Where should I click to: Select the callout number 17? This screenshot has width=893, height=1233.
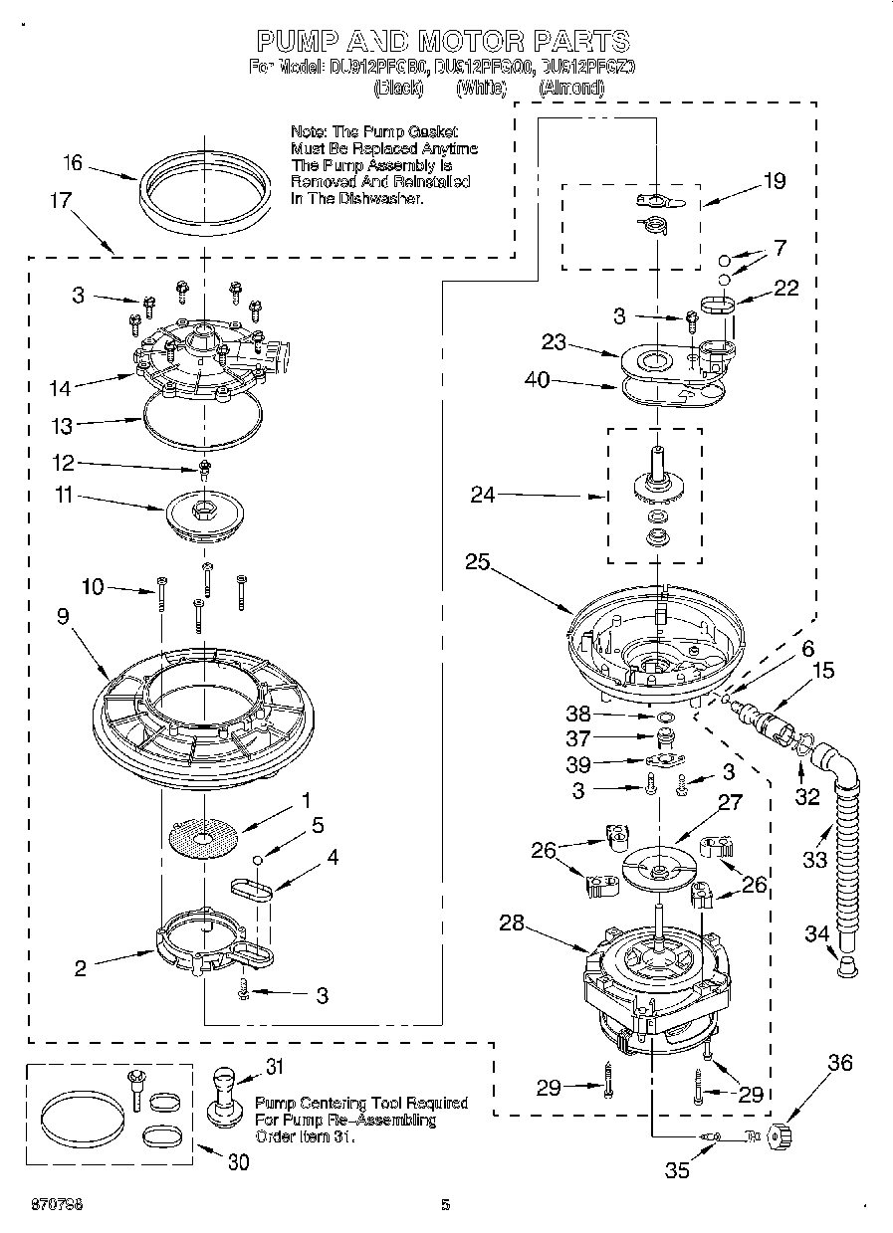(61, 200)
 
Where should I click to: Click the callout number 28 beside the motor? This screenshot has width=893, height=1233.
(511, 924)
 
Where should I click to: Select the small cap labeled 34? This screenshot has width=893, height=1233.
(844, 966)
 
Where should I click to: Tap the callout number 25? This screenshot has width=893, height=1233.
(477, 561)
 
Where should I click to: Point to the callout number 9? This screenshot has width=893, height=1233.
(63, 616)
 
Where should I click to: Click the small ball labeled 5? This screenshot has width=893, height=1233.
(257, 860)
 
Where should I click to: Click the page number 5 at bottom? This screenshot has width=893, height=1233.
(445, 1205)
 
